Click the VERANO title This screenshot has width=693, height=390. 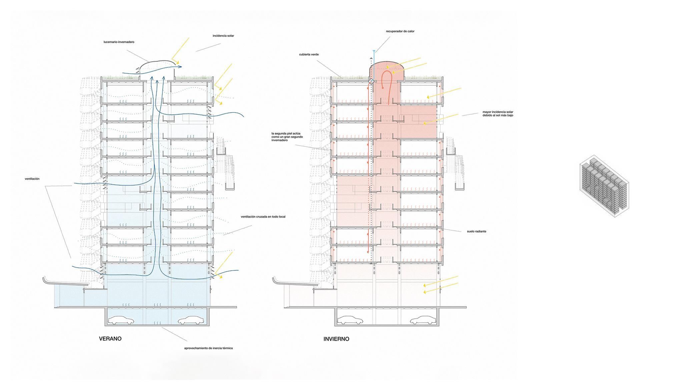[x=110, y=339]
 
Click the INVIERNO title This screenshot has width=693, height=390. [x=336, y=339]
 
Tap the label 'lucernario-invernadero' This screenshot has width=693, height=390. [x=119, y=42]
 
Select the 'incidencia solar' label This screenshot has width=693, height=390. [x=223, y=36]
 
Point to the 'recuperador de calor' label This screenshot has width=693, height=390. [x=400, y=31]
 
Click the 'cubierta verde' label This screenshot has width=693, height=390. [x=309, y=54]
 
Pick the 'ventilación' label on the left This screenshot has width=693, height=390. [x=32, y=179]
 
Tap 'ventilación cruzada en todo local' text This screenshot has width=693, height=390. [x=263, y=217]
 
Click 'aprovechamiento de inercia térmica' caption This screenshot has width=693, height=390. [x=208, y=348]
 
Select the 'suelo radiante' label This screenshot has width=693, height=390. [x=476, y=231]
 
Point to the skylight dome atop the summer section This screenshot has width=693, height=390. [x=157, y=67]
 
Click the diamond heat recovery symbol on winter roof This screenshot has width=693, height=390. [x=371, y=81]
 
